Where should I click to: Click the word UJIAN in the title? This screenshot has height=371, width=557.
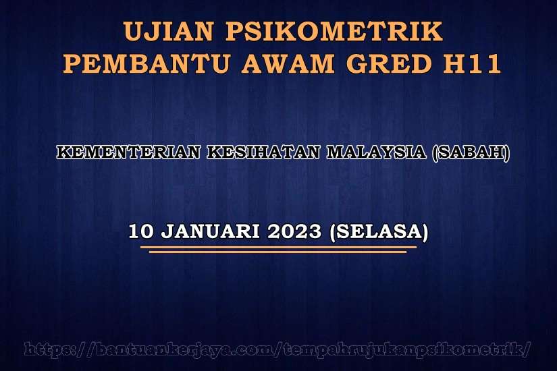click(x=169, y=31)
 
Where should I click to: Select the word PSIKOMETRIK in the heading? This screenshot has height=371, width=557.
click(x=334, y=31)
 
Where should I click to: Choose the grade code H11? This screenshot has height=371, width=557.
click(x=472, y=63)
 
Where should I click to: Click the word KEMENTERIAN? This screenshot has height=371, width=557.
click(x=128, y=152)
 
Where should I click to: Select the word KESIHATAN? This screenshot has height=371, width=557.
click(x=263, y=152)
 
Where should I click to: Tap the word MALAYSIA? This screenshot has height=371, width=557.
click(x=376, y=152)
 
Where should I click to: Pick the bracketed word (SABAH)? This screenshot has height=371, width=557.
click(x=471, y=152)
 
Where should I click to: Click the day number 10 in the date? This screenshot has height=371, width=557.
click(x=141, y=231)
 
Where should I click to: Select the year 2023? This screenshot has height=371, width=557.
click(x=294, y=231)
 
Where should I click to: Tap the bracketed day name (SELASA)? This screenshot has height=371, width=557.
click(x=379, y=232)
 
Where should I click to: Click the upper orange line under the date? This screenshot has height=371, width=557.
click(x=278, y=247)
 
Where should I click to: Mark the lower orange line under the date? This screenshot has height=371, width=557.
click(x=277, y=252)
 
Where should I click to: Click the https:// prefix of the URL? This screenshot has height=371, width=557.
click(x=59, y=349)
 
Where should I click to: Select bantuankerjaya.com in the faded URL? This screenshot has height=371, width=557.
click(x=185, y=349)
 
